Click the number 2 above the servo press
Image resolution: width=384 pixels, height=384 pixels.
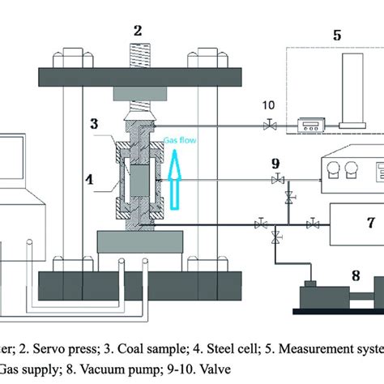[139, 31]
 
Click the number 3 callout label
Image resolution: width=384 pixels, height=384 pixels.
[95, 124]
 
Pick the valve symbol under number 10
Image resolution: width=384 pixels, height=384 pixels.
[268, 126]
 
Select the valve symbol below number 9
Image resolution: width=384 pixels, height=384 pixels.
[277, 179]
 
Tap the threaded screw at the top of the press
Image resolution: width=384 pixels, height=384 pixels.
[139, 57]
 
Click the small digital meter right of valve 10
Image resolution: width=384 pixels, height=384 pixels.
[310, 125]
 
